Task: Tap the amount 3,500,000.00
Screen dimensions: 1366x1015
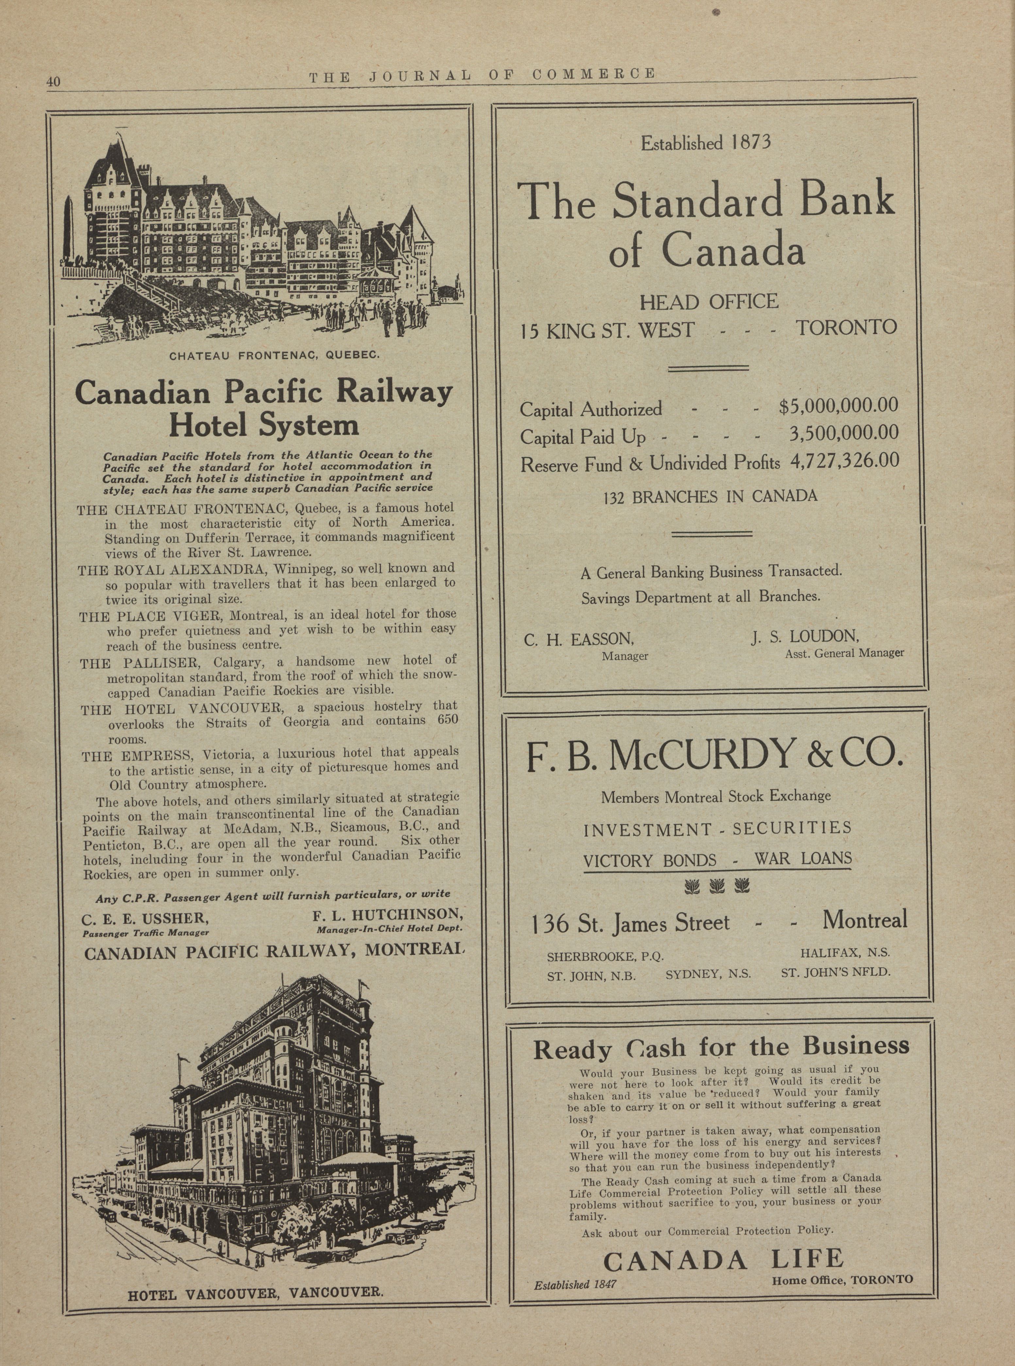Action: [844, 433]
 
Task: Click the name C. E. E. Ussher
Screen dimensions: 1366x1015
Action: [145, 919]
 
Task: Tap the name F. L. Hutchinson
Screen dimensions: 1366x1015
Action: [387, 915]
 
